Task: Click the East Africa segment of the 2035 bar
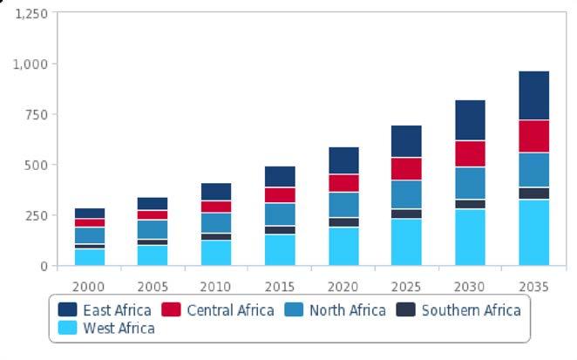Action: pyautogui.click(x=533, y=95)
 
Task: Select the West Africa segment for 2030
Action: pyautogui.click(x=470, y=237)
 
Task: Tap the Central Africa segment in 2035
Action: pyautogui.click(x=533, y=136)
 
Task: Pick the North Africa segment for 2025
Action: pyautogui.click(x=406, y=194)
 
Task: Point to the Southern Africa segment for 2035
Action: pyautogui.click(x=533, y=194)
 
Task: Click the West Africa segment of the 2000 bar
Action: pyautogui.click(x=89, y=257)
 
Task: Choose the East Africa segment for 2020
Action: pyautogui.click(x=343, y=160)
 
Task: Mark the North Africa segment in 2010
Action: pyautogui.click(x=216, y=223)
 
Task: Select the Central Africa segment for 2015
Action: pyautogui.click(x=280, y=195)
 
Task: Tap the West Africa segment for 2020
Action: pyautogui.click(x=343, y=246)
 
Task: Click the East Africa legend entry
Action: pyautogui.click(x=105, y=310)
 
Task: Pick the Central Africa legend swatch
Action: pyautogui.click(x=172, y=310)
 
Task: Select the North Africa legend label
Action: pyautogui.click(x=347, y=310)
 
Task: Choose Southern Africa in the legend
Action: pyautogui.click(x=472, y=310)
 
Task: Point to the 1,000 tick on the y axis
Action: pyautogui.click(x=31, y=65)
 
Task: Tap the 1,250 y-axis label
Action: pyautogui.click(x=31, y=14)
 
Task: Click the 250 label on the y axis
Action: pyautogui.click(x=36, y=215)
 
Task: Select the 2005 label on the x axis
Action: pyautogui.click(x=153, y=286)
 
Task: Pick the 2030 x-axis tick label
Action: pyautogui.click(x=470, y=286)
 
